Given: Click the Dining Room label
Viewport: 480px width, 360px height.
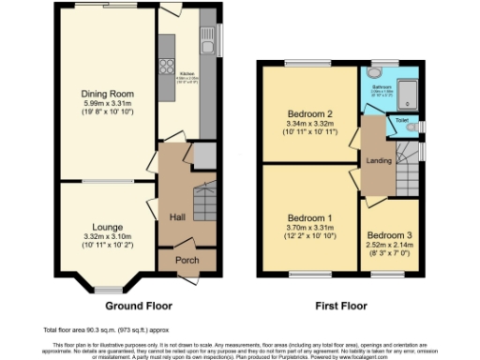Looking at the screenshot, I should pos(106,94).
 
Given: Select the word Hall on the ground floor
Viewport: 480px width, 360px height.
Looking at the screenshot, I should pos(176,217).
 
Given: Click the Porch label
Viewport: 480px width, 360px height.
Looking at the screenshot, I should pos(187,260).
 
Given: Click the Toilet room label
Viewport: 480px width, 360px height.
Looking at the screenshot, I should pos(401,121).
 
